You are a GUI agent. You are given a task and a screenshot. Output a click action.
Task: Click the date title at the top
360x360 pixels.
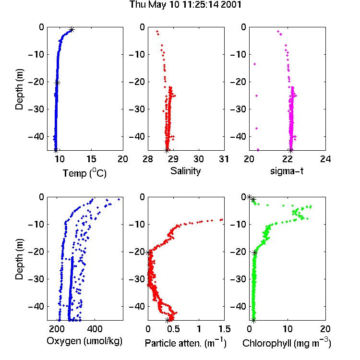(x=185, y=5)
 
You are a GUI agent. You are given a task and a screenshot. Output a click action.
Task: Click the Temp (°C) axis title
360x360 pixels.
(x=84, y=173)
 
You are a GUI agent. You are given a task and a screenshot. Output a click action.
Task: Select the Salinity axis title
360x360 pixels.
(x=185, y=171)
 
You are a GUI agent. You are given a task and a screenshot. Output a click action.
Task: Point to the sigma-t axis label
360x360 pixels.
(x=287, y=171)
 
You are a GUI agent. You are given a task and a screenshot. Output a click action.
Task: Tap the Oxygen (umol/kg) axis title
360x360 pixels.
(x=84, y=341)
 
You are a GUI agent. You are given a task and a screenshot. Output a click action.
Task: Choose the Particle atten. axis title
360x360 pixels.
(x=186, y=343)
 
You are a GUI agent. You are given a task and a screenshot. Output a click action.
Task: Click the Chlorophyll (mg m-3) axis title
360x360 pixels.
(x=287, y=343)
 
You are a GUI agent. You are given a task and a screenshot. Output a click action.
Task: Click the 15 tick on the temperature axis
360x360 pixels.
(x=91, y=159)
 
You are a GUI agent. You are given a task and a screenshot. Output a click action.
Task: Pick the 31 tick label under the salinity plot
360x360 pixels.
(x=224, y=159)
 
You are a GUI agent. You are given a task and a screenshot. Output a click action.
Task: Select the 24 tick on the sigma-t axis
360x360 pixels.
(x=325, y=159)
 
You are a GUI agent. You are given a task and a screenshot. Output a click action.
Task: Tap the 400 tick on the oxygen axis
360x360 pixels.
(x=95, y=329)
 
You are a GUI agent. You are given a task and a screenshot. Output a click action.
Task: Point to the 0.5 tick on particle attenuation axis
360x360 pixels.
(x=173, y=329)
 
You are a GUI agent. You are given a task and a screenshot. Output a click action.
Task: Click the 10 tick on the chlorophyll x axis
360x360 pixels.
(x=288, y=329)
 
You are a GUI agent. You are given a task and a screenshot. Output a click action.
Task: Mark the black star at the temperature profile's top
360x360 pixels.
(x=72, y=30)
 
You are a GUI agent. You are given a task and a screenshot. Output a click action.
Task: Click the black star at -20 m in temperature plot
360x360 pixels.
(x=58, y=83)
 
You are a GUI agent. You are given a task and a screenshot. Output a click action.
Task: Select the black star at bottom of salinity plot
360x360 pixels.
(x=167, y=151)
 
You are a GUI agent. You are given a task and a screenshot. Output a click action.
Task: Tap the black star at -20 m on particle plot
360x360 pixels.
(x=148, y=252)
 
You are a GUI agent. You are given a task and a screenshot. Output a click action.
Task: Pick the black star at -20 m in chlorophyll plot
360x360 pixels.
(x=254, y=253)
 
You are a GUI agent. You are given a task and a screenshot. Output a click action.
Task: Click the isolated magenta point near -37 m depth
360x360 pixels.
(x=256, y=128)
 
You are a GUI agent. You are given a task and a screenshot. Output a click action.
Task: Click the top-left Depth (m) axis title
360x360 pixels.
(x=19, y=89)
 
